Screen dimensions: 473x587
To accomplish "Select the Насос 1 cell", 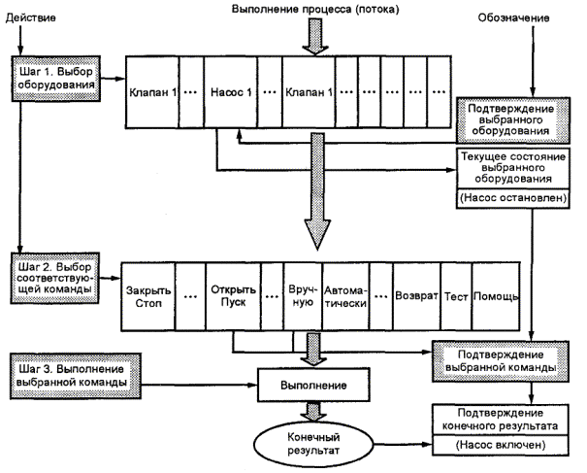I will (230, 93).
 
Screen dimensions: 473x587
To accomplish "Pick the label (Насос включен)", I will (505, 445).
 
